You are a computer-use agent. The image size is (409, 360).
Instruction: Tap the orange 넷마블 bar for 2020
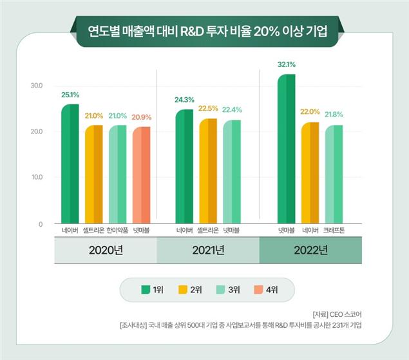click(x=141, y=175)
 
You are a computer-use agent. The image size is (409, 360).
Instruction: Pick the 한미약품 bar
click(x=118, y=175)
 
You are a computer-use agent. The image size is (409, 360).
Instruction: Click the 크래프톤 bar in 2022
click(x=334, y=175)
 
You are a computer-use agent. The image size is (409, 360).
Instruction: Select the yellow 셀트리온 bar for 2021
click(x=207, y=171)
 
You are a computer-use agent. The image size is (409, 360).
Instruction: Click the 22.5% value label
click(x=208, y=108)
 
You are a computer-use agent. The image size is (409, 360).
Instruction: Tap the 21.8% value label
click(x=333, y=115)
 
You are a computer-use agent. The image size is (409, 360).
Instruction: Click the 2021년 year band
click(x=207, y=251)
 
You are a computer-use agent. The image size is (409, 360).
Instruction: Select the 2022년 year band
click(x=310, y=251)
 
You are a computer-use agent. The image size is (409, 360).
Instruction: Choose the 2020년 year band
click(x=105, y=251)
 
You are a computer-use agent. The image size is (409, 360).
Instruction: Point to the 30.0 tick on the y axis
click(x=36, y=86)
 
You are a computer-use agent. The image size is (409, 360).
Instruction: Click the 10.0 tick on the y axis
click(x=36, y=177)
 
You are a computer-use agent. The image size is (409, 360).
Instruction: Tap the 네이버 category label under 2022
click(x=310, y=230)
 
